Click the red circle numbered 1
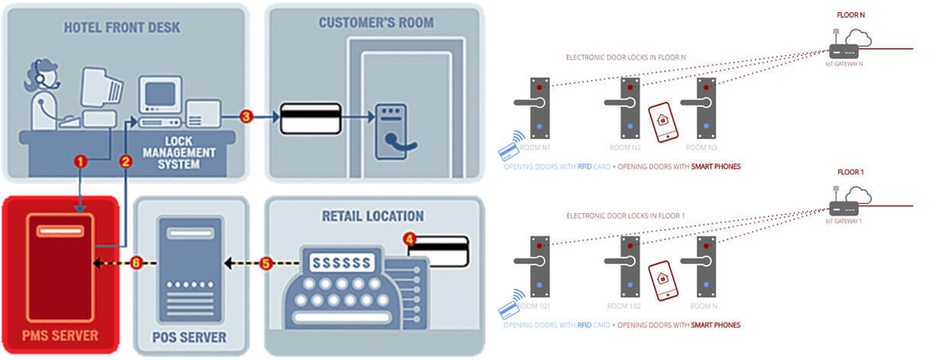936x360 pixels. [82, 161]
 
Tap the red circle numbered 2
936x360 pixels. [126, 161]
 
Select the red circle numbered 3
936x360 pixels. [245, 117]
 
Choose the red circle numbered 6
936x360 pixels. [135, 263]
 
